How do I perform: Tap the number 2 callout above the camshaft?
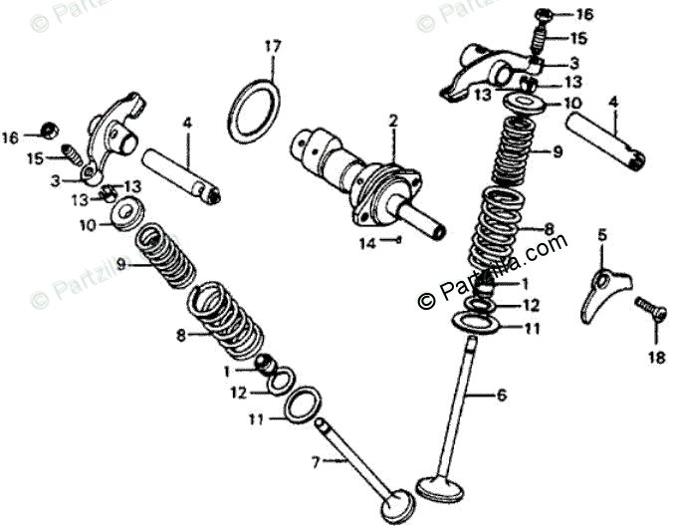coord(393,121)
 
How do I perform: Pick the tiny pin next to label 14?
coord(396,240)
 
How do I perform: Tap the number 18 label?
coord(656,358)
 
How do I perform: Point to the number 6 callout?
coord(502,395)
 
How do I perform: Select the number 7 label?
coord(317,461)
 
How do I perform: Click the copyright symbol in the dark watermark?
coord(426,299)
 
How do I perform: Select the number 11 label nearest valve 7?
coord(256,419)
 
